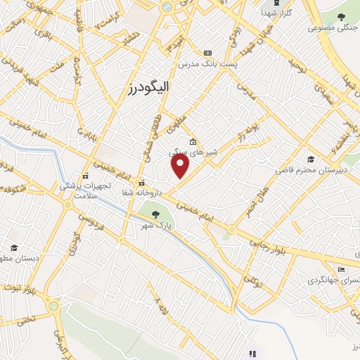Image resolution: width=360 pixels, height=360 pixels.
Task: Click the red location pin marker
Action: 181,165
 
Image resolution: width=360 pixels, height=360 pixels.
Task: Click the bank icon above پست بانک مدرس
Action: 207,53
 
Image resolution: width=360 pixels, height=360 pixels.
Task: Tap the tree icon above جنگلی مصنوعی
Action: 341,17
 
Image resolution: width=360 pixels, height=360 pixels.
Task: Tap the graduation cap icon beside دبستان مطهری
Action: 14,247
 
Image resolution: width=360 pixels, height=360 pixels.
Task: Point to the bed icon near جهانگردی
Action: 342,269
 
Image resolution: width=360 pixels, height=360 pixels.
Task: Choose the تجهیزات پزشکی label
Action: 98,186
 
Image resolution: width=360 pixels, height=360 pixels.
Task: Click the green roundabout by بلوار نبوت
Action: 53,306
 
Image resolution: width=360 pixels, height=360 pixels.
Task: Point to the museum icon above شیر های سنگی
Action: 193,141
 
